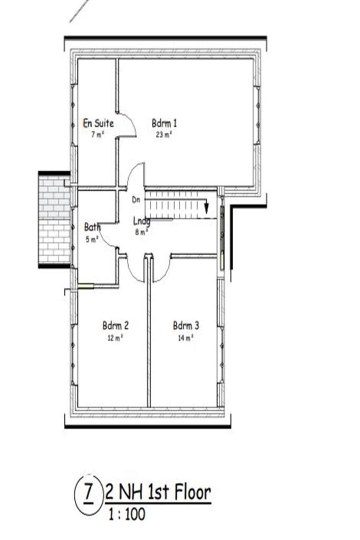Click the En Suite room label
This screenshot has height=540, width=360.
[x=99, y=123]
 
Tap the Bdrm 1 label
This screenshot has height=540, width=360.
[x=164, y=123]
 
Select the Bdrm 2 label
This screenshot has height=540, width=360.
[x=115, y=326]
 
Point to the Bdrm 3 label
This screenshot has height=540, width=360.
[x=186, y=326]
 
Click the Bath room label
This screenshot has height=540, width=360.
[x=92, y=227]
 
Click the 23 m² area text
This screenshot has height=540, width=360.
[x=164, y=134]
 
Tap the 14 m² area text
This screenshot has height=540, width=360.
[x=186, y=337]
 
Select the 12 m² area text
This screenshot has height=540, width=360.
[x=115, y=337]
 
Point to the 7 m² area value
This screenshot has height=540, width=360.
[x=96, y=134]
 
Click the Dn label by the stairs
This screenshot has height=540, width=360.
[x=135, y=200]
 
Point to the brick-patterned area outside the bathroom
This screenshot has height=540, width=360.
[x=54, y=219]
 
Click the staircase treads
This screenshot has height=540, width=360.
[x=174, y=203]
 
